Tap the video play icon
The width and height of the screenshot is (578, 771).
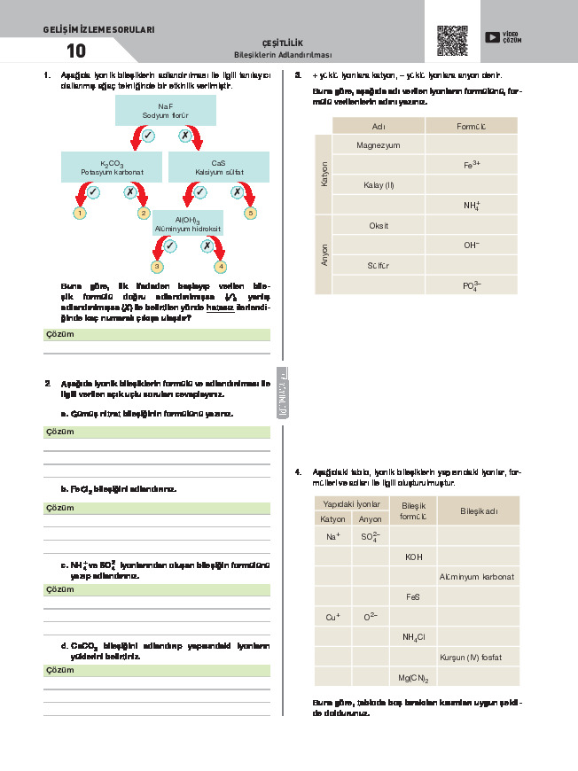[492, 37]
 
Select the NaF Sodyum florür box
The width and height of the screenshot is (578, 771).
[166, 111]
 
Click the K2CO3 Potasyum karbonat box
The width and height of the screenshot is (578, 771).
[112, 167]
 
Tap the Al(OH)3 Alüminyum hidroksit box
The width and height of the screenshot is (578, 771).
[188, 223]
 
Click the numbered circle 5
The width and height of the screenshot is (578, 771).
[251, 214]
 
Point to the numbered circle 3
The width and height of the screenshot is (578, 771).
[157, 266]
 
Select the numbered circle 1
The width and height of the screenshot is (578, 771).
[80, 214]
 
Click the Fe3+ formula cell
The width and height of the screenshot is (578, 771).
[471, 165]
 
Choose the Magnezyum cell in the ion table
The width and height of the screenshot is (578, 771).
[379, 144]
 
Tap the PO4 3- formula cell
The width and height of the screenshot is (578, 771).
[471, 285]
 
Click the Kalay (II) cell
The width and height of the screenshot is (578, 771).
[379, 185]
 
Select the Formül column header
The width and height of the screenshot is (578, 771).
[471, 126]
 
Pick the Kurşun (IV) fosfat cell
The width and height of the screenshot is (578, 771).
[477, 658]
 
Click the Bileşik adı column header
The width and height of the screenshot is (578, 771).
[477, 511]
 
